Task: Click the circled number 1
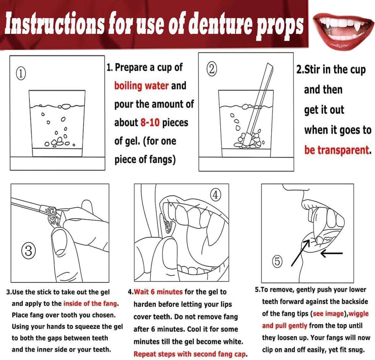click(21, 73)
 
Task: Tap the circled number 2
click(212, 69)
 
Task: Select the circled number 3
click(28, 251)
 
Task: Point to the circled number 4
click(215, 195)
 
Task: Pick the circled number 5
click(277, 261)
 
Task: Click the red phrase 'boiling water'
click(142, 86)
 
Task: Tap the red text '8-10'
click(150, 123)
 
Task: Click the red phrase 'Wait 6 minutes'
click(158, 292)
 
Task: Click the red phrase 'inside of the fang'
click(90, 303)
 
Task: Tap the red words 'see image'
click(328, 314)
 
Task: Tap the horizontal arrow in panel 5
click(331, 253)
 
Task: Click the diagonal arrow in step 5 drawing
click(300, 253)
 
